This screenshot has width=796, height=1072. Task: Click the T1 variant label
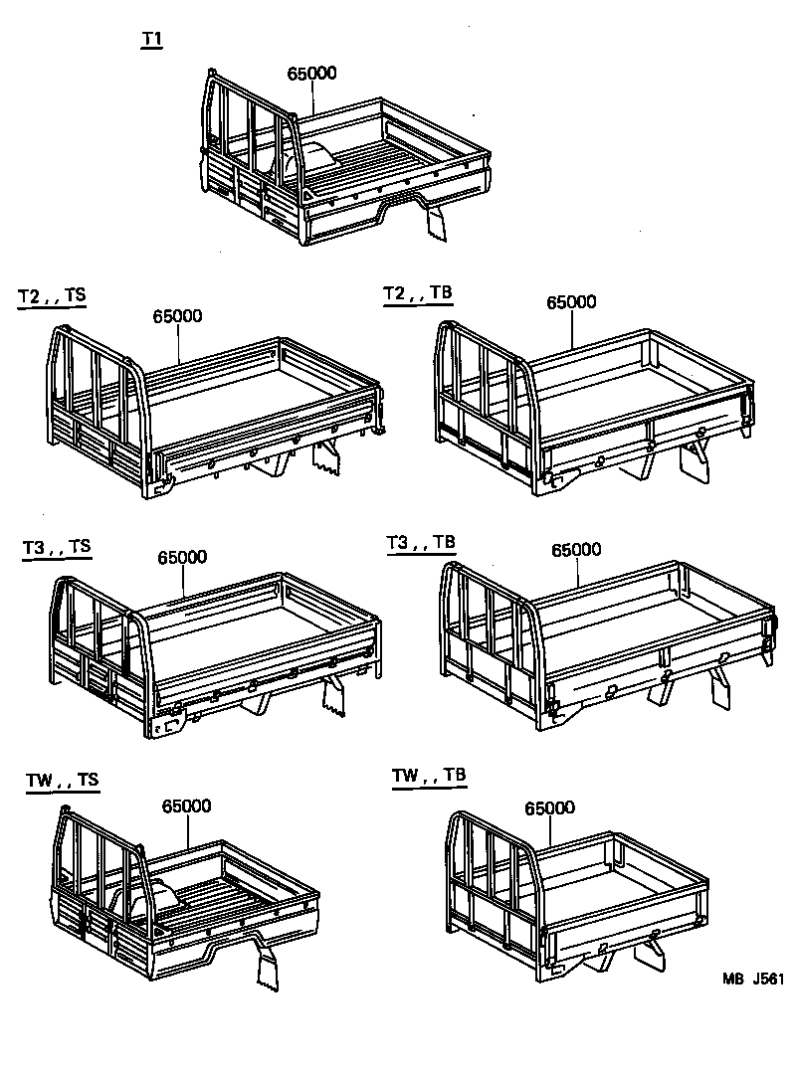coord(151,40)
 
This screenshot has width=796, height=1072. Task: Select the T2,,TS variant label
coord(52,297)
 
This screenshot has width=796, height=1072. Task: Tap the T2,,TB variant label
coord(418,292)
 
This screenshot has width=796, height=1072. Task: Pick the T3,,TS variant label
coord(57,547)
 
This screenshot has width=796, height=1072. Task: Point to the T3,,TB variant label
coord(421,542)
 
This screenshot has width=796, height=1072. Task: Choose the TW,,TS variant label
coord(63,781)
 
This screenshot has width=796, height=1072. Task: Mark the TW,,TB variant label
coord(429,776)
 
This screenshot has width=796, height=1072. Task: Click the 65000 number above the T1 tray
coord(311,74)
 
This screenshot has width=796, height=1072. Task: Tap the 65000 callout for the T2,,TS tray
coord(178,316)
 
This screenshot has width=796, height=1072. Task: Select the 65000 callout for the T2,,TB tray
coord(571,302)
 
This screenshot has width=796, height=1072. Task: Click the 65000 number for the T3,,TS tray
coord(181,558)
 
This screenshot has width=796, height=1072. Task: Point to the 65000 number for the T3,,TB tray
coord(575,550)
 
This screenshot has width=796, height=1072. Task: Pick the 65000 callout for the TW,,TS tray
coord(187,806)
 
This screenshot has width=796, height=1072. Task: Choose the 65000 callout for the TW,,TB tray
coord(549,808)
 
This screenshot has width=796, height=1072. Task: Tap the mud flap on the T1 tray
coord(439,221)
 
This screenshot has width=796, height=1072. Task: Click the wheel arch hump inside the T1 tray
coord(317,157)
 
